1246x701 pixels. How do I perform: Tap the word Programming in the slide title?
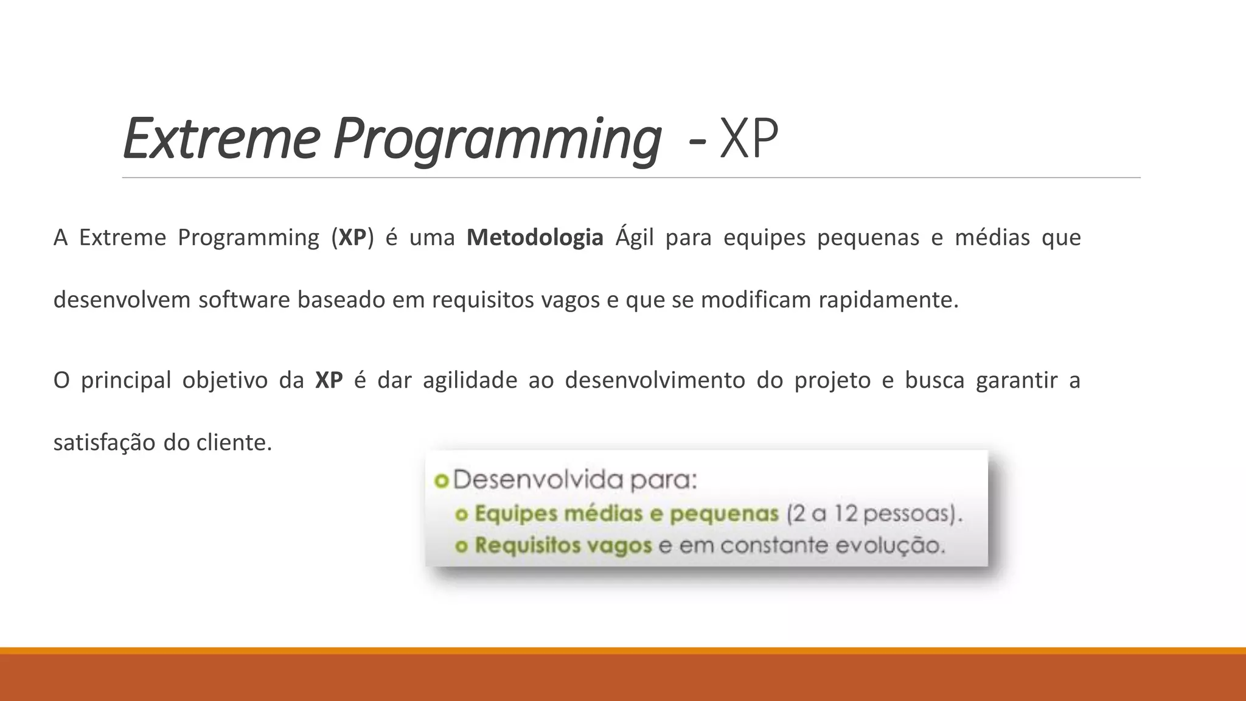tap(496, 140)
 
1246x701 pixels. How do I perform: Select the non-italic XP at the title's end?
tap(748, 140)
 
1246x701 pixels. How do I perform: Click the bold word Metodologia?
tap(535, 237)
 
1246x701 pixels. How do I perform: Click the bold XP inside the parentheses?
tap(352, 237)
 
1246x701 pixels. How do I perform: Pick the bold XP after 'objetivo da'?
tap(329, 380)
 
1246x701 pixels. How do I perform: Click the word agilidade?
tap(470, 380)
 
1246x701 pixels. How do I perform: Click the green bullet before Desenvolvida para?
tap(441, 481)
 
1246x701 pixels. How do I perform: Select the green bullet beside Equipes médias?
tap(461, 515)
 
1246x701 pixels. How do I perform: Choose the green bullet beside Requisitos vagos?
tap(461, 546)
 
